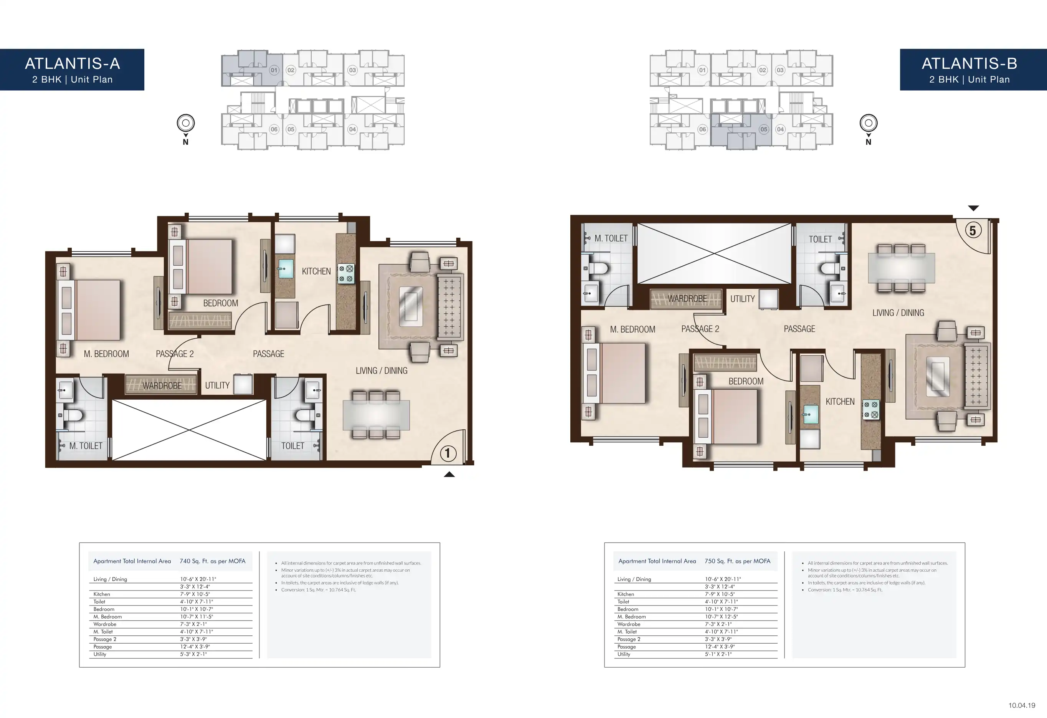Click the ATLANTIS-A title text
73,64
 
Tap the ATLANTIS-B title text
969,64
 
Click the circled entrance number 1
448,453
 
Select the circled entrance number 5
973,231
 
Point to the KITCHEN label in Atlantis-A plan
316,271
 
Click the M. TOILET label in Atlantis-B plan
611,238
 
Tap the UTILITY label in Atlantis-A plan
217,385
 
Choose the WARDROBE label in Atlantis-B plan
687,299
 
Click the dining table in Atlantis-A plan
376,415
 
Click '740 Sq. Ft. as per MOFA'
213,561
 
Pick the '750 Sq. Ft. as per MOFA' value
738,561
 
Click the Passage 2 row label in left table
105,639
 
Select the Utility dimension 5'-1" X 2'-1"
718,654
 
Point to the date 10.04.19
1022,705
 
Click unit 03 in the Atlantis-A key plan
352,70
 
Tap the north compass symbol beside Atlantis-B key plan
869,123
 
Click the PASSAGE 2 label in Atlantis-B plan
700,329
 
